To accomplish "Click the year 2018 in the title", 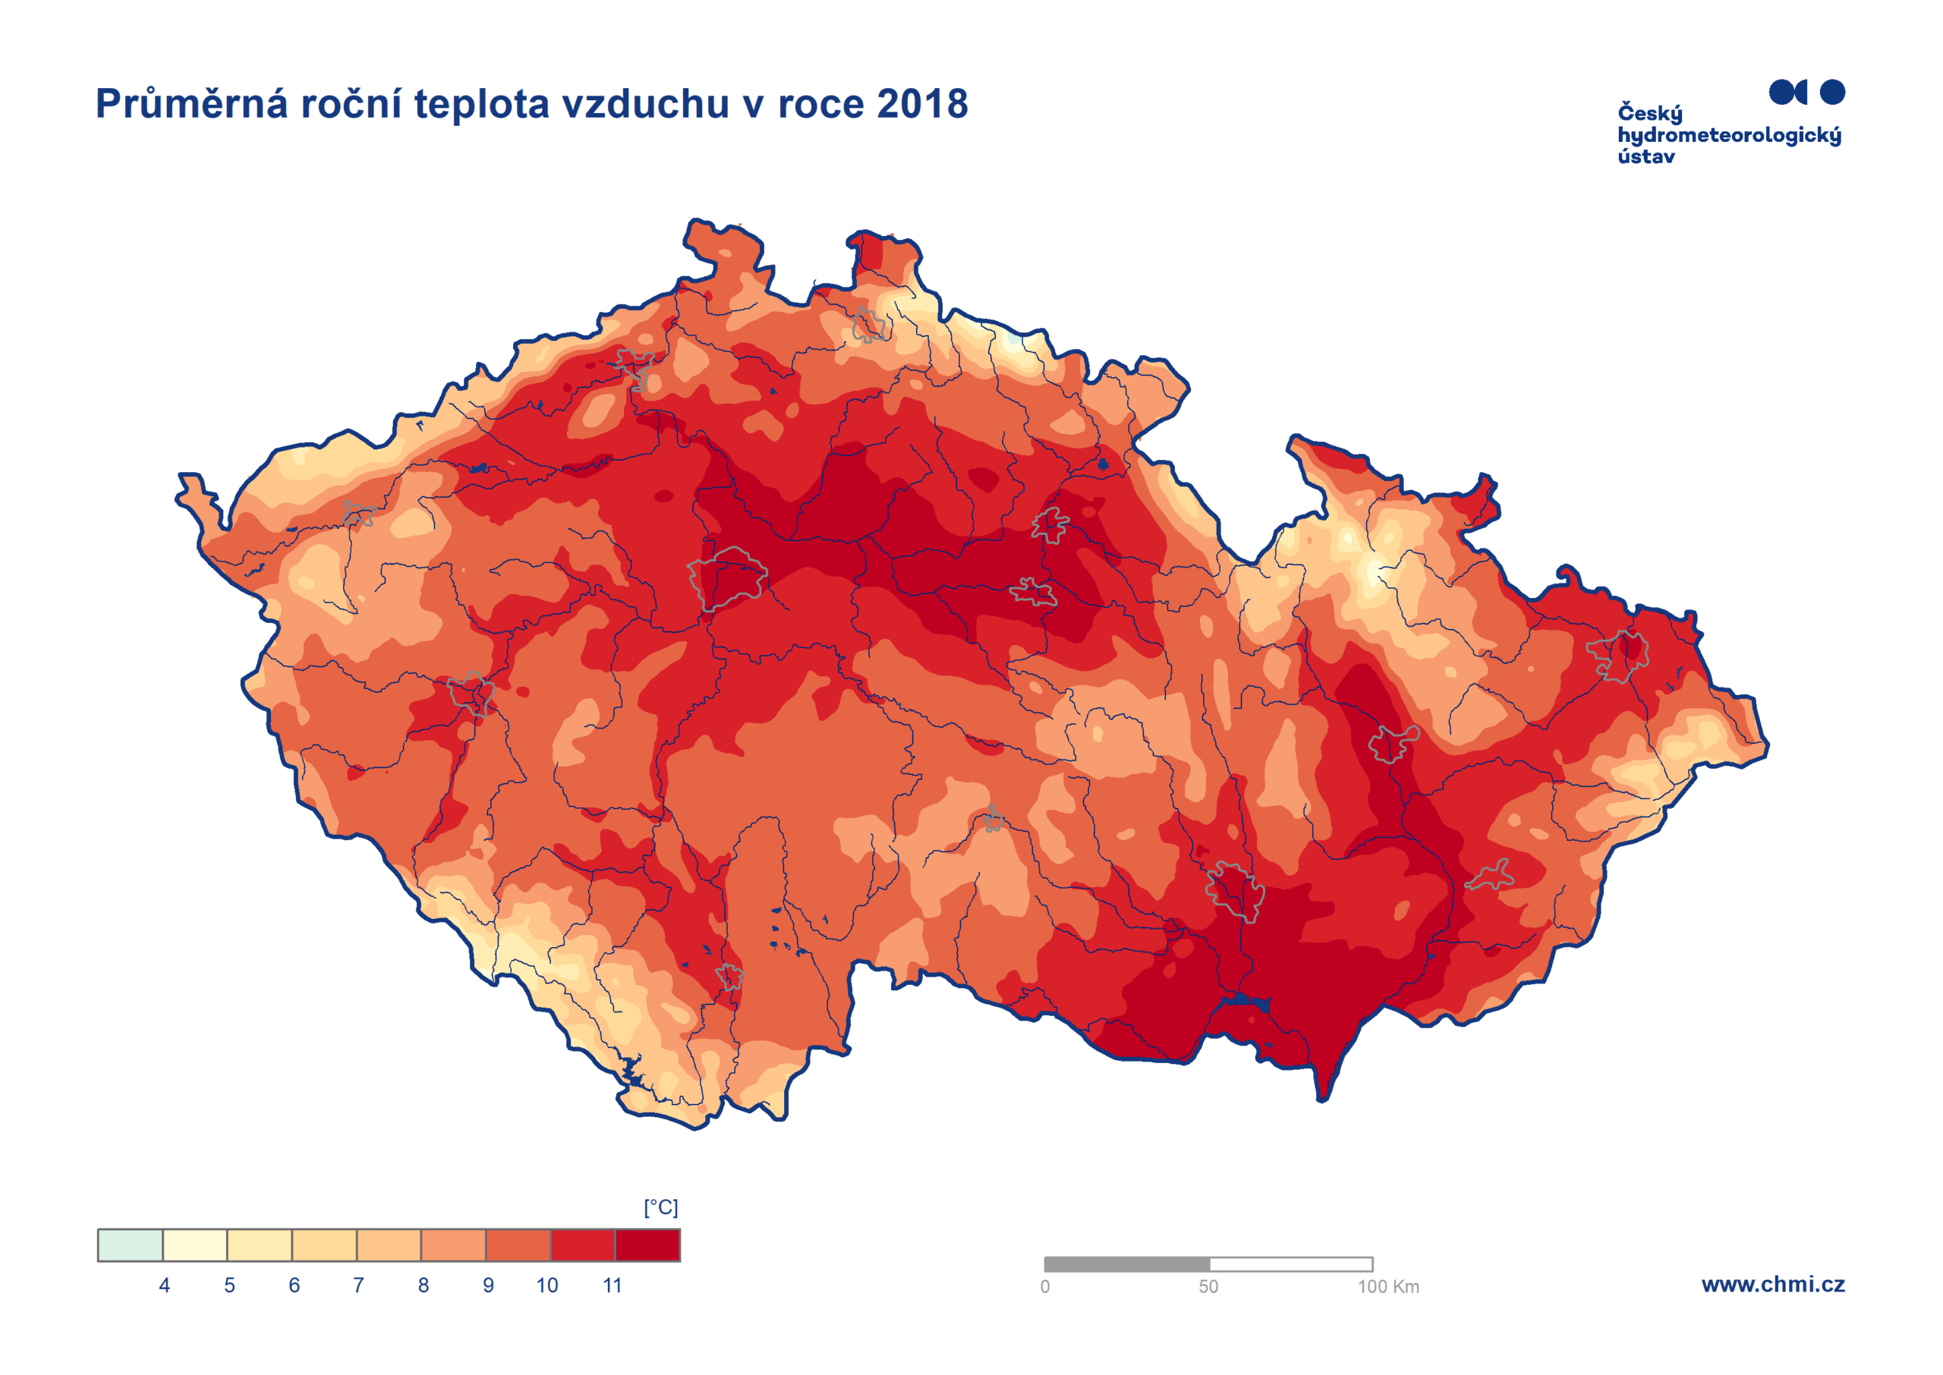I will point(921,104).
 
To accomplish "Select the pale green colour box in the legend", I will point(131,1244).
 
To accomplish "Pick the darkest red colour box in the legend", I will point(647,1244).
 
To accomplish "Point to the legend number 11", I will point(612,1285).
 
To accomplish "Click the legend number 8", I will point(424,1285).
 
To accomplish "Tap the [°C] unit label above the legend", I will point(660,1207).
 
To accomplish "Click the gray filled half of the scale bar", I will point(1126,1264).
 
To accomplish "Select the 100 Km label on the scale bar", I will point(1387,1287).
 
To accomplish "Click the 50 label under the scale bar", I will point(1208,1287).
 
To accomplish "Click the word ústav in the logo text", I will point(1645,156).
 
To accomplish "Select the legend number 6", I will point(294,1285).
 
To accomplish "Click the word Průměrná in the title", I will point(191,104).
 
